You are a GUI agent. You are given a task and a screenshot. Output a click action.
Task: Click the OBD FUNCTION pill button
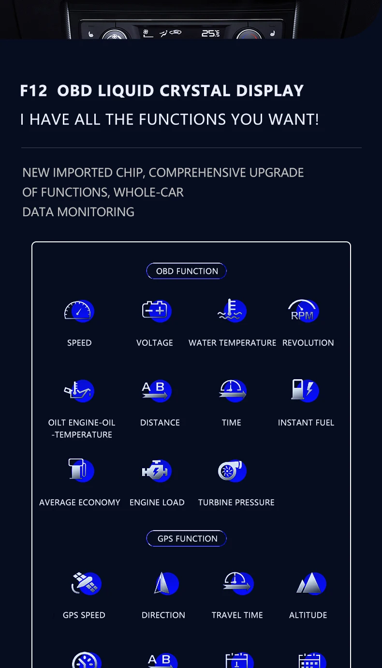point(186,271)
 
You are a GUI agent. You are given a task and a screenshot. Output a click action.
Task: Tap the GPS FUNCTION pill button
point(186,538)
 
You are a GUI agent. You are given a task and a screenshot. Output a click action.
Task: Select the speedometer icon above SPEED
point(79,311)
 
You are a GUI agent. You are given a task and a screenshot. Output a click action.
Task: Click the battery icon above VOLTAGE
point(157,311)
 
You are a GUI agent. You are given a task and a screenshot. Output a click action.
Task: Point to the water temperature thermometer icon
point(232,310)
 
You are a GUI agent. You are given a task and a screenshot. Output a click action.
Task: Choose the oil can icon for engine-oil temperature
point(79,390)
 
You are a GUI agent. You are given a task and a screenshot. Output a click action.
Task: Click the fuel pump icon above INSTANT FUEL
point(305,390)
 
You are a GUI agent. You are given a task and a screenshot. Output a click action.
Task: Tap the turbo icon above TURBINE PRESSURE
point(232,471)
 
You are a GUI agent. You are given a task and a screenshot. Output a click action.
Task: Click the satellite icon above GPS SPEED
point(86,583)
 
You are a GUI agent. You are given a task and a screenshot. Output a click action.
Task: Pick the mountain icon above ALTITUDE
point(311,583)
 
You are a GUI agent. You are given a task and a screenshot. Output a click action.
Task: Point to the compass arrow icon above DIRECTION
point(166,583)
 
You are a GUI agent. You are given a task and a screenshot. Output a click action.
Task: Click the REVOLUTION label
point(308,343)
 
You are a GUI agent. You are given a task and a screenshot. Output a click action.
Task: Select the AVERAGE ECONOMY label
point(80,503)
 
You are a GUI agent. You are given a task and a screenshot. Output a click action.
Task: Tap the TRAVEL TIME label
point(237,615)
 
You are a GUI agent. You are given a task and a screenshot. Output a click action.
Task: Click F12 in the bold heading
point(33,90)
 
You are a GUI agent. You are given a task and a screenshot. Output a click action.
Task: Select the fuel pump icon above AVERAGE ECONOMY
point(81,470)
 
